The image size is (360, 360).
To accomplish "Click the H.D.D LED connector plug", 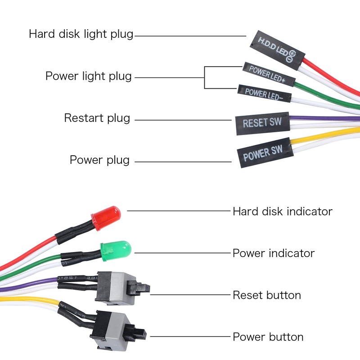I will coord(276,50).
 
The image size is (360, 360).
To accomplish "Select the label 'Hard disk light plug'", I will coord(81,34).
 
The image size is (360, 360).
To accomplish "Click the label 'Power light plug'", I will coord(89,76).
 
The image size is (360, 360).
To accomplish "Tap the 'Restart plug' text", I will coord(97,118).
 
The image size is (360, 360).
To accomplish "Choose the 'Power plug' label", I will coord(99,160).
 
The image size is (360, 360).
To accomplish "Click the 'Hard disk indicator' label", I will coord(282,211).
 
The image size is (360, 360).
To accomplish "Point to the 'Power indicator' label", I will coord(273,253).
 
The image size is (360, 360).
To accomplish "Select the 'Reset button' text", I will coord(266,295).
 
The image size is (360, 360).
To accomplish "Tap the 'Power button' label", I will coord(268,337).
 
